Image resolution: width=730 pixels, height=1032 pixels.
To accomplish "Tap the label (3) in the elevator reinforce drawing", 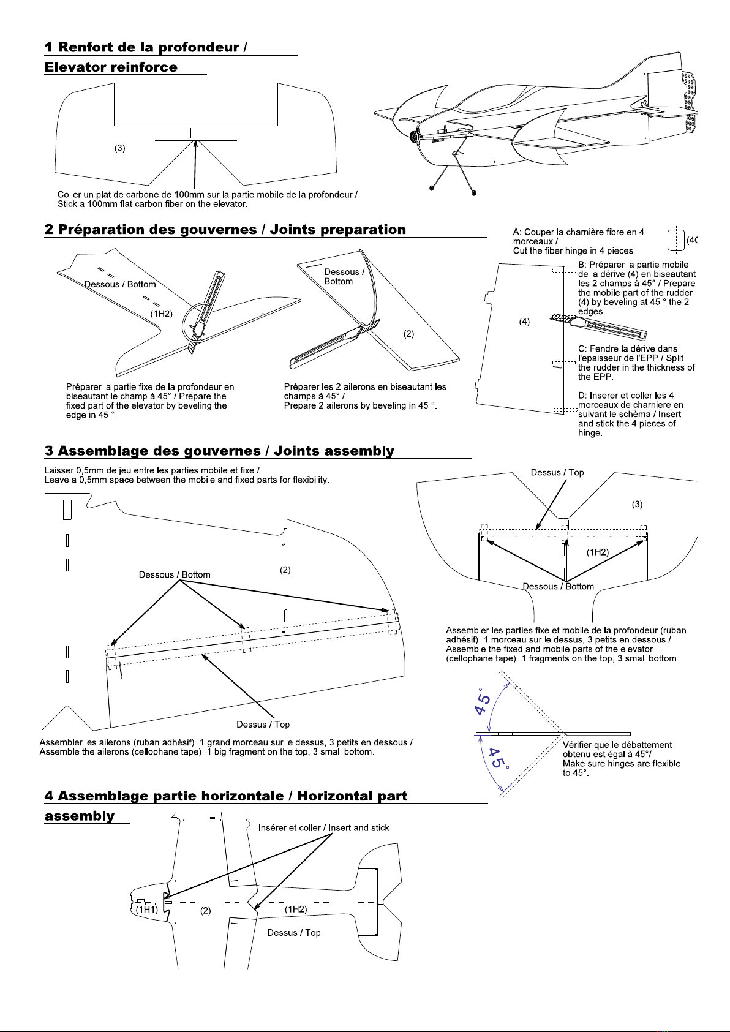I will click(x=120, y=148).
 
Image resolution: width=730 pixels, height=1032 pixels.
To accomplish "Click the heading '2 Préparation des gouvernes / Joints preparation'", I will click(x=225, y=230).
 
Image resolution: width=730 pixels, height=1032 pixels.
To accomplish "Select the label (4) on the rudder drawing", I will click(x=524, y=322).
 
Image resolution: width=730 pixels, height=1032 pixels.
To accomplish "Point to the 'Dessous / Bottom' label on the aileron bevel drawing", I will click(x=344, y=276).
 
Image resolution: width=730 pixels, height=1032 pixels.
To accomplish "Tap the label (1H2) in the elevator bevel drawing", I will click(x=162, y=314).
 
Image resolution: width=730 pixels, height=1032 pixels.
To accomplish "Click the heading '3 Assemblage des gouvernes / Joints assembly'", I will click(x=219, y=451).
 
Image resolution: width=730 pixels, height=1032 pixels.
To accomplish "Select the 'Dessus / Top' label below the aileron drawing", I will click(x=263, y=725).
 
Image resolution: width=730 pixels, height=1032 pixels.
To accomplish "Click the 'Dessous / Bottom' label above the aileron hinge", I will click(x=175, y=574).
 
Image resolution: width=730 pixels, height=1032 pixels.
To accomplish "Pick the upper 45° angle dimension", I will click(x=484, y=702).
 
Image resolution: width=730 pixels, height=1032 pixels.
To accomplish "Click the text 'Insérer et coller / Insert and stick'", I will click(x=323, y=827).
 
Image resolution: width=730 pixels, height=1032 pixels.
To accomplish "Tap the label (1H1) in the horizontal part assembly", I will click(x=147, y=910).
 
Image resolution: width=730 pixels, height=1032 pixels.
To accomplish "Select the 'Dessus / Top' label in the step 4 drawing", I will click(x=293, y=932).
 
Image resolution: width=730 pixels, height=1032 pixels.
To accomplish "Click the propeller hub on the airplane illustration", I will click(x=415, y=136).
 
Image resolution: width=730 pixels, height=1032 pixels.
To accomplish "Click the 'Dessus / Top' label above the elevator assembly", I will click(x=557, y=472).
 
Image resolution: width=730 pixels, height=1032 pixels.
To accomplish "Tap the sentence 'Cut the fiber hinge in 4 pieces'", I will click(x=573, y=250).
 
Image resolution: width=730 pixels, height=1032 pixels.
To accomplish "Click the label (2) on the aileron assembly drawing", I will click(x=285, y=570).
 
